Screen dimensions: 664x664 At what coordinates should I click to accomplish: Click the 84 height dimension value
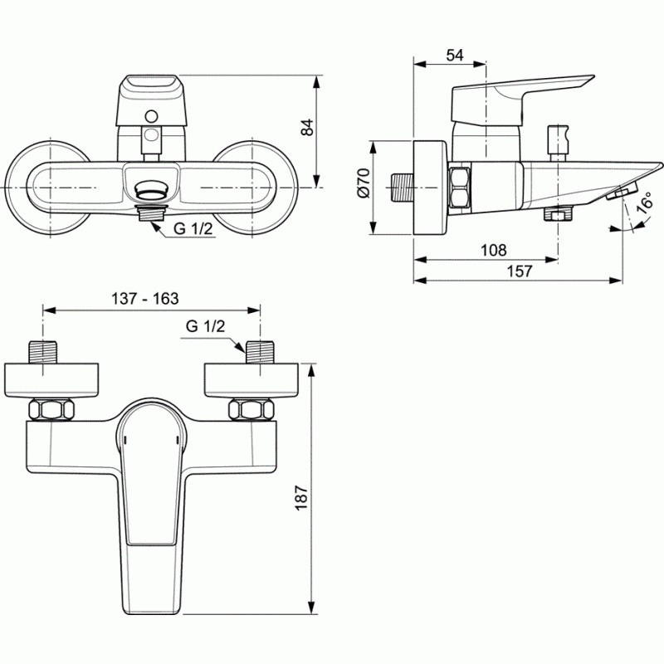tap(308, 128)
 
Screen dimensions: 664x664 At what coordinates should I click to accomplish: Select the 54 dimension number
tap(455, 55)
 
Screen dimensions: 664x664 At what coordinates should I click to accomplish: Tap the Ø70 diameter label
tap(364, 183)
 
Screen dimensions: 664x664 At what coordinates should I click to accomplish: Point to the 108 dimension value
tap(493, 251)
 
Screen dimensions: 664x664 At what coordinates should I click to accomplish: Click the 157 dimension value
tap(520, 271)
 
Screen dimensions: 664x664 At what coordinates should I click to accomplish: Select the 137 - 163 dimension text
tap(144, 299)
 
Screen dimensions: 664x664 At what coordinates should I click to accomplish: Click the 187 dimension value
tap(301, 497)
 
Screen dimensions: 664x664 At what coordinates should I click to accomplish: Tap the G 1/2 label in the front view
tap(193, 229)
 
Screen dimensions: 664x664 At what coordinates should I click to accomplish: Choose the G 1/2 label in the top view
tap(205, 326)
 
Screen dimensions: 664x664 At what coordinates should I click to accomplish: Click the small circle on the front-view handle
tap(151, 116)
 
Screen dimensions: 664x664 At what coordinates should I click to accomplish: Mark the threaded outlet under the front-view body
tap(152, 212)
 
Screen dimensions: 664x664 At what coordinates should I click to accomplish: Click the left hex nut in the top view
tap(51, 409)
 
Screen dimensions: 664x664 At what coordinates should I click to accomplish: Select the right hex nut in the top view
tap(251, 409)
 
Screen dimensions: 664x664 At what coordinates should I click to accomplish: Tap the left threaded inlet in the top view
tap(42, 352)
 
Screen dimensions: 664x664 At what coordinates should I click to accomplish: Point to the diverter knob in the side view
tap(558, 142)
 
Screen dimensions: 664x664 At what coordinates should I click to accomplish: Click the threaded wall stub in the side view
tap(400, 187)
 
